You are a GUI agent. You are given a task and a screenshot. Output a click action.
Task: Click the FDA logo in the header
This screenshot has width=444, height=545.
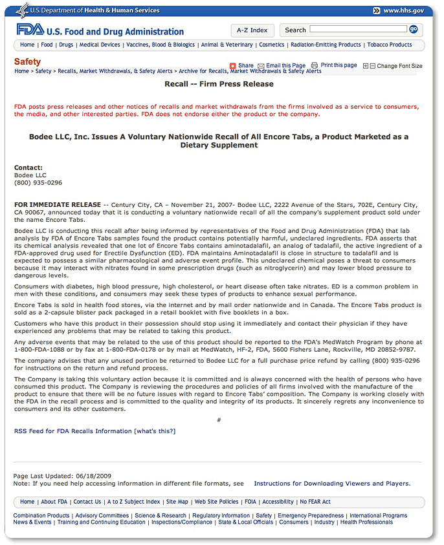pyautogui.click(x=30, y=30)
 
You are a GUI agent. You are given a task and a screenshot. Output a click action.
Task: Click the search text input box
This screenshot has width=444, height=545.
pyautogui.click(x=358, y=29)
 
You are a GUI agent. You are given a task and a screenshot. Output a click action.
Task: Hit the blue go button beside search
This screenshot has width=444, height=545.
pyautogui.click(x=413, y=29)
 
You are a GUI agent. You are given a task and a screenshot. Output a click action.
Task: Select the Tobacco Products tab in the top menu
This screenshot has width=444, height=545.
pyautogui.click(x=389, y=45)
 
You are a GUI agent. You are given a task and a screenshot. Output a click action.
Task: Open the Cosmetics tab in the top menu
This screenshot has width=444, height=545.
pyautogui.click(x=272, y=45)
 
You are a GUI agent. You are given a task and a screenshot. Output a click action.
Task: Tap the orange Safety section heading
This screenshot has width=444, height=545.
pyautogui.click(x=27, y=62)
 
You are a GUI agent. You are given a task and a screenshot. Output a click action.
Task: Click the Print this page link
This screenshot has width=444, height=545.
pyautogui.click(x=339, y=65)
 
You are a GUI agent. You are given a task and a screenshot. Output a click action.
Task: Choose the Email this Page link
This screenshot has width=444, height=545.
pyautogui.click(x=285, y=66)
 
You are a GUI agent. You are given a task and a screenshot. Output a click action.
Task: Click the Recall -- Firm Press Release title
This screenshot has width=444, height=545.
pyautogui.click(x=219, y=84)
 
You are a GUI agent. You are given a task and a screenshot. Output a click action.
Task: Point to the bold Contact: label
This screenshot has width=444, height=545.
pyautogui.click(x=28, y=167)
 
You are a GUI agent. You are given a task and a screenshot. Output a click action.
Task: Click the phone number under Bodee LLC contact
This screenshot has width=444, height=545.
pyautogui.click(x=38, y=183)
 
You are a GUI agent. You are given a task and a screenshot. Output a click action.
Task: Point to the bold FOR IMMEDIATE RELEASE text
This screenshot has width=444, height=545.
pyautogui.click(x=58, y=205)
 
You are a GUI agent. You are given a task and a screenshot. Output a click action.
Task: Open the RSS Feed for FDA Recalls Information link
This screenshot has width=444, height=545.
pyautogui.click(x=72, y=431)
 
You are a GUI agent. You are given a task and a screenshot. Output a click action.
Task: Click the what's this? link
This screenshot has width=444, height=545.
pyautogui.click(x=155, y=431)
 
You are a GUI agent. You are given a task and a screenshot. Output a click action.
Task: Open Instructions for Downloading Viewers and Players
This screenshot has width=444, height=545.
pyautogui.click(x=331, y=484)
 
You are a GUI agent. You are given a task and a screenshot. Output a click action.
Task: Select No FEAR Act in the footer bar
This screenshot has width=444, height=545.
pyautogui.click(x=315, y=502)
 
